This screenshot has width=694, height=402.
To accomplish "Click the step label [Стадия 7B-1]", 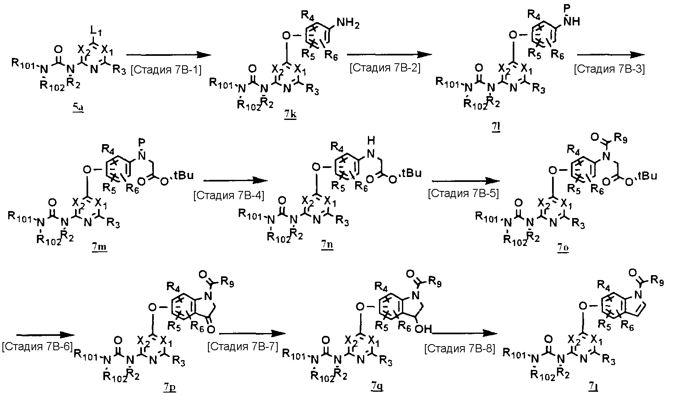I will pos(166,70).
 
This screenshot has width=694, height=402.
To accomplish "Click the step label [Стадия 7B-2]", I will pos(385,67).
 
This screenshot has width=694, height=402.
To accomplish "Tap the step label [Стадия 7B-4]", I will pos(229,195).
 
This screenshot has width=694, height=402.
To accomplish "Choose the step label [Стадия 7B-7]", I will pos(243,347).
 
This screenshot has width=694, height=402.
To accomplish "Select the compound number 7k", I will pos(290,115).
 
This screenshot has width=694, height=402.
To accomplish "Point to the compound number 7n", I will pos(327,246).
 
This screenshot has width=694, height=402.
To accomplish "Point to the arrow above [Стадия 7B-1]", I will pos(166,55).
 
